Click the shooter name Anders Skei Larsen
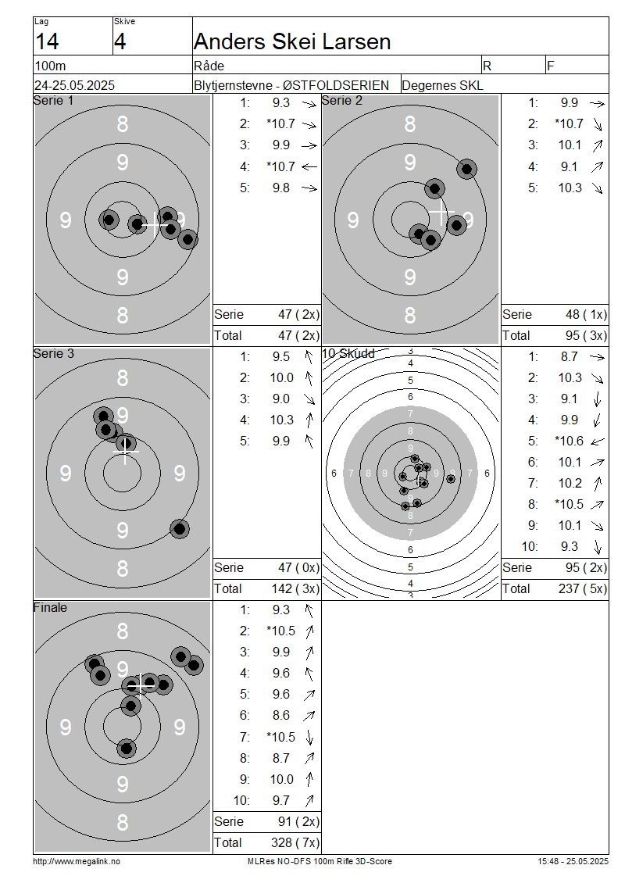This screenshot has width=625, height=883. pos(292,41)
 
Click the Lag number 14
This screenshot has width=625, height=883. pos(47,41)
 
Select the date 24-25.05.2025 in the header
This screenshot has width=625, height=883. pos(74,86)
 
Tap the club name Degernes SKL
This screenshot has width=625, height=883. pos(442,86)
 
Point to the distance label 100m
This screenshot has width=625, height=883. pos(50,66)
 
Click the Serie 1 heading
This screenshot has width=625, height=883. pos(53,100)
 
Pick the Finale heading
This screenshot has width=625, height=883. pos(50,608)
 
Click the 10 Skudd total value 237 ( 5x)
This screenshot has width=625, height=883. pos(583,588)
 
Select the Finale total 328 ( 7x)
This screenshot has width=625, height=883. pos(295,842)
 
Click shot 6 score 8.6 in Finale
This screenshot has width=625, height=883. pos(281,715)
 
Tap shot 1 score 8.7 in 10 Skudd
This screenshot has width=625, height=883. pos(570,356)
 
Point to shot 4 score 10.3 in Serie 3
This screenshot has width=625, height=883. pos(281,420)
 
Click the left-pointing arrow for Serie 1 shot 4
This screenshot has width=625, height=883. pos(309,166)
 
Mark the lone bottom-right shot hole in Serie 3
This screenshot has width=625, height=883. pos(180,529)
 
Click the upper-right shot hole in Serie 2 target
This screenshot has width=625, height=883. pos(466,169)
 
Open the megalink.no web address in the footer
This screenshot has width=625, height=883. pos(77,862)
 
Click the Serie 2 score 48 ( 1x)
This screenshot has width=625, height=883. pos(586,314)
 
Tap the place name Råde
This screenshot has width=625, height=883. pos(209,66)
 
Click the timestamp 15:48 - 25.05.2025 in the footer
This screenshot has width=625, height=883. pos(573,862)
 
